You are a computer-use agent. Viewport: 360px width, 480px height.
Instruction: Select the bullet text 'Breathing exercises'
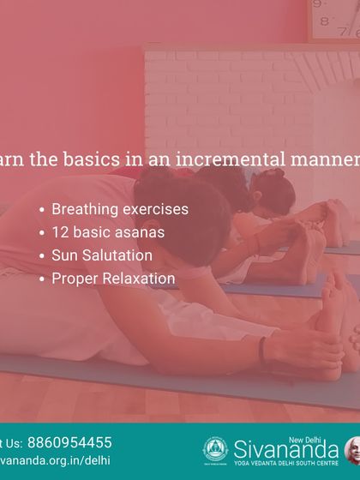[120, 209]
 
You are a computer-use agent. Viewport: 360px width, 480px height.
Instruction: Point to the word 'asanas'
[141, 232]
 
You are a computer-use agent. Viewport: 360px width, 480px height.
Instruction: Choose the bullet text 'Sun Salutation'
[102, 255]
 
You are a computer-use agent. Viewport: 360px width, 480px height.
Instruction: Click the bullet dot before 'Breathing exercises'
[42, 210]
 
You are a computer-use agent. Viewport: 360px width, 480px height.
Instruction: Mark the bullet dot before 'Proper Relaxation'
[42, 279]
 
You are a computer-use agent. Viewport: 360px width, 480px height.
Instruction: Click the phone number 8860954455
[69, 442]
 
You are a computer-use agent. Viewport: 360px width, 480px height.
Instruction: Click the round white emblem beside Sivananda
[215, 450]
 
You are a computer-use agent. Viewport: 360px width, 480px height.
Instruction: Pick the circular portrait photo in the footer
[352, 450]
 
